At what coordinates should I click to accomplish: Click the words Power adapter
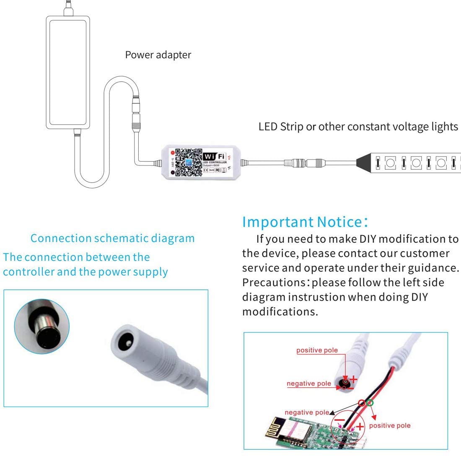(x=158, y=55)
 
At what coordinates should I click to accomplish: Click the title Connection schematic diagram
(x=113, y=238)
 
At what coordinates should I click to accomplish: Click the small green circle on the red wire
(x=369, y=403)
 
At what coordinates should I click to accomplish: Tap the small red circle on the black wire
(x=361, y=403)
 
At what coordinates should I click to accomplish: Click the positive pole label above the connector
(x=317, y=350)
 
